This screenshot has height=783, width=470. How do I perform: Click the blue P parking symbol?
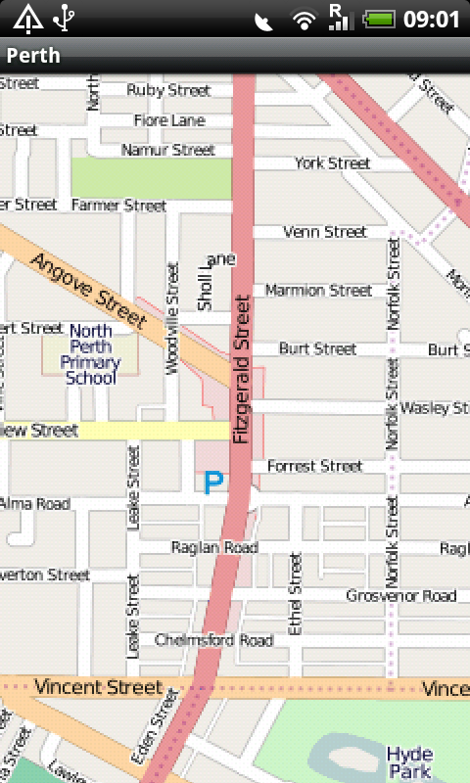tap(213, 482)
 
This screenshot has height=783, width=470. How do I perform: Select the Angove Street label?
tap(88, 290)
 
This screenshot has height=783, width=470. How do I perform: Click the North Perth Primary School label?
tap(90, 354)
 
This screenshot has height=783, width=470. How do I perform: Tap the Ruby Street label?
tap(168, 90)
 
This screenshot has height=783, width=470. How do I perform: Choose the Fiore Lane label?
tap(170, 120)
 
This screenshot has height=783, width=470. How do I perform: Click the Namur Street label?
tap(167, 150)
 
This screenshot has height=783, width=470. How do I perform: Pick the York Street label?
tap(333, 163)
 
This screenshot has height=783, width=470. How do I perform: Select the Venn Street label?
tap(324, 232)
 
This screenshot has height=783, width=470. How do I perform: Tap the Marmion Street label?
tap(318, 291)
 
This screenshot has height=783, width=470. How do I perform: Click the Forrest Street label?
tap(314, 466)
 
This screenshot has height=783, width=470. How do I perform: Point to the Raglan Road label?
tap(214, 547)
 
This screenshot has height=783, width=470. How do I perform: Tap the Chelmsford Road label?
tap(213, 640)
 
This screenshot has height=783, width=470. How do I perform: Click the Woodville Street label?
tap(173, 318)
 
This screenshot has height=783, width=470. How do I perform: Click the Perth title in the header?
tap(33, 55)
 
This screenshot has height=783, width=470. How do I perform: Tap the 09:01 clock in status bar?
tap(432, 19)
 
